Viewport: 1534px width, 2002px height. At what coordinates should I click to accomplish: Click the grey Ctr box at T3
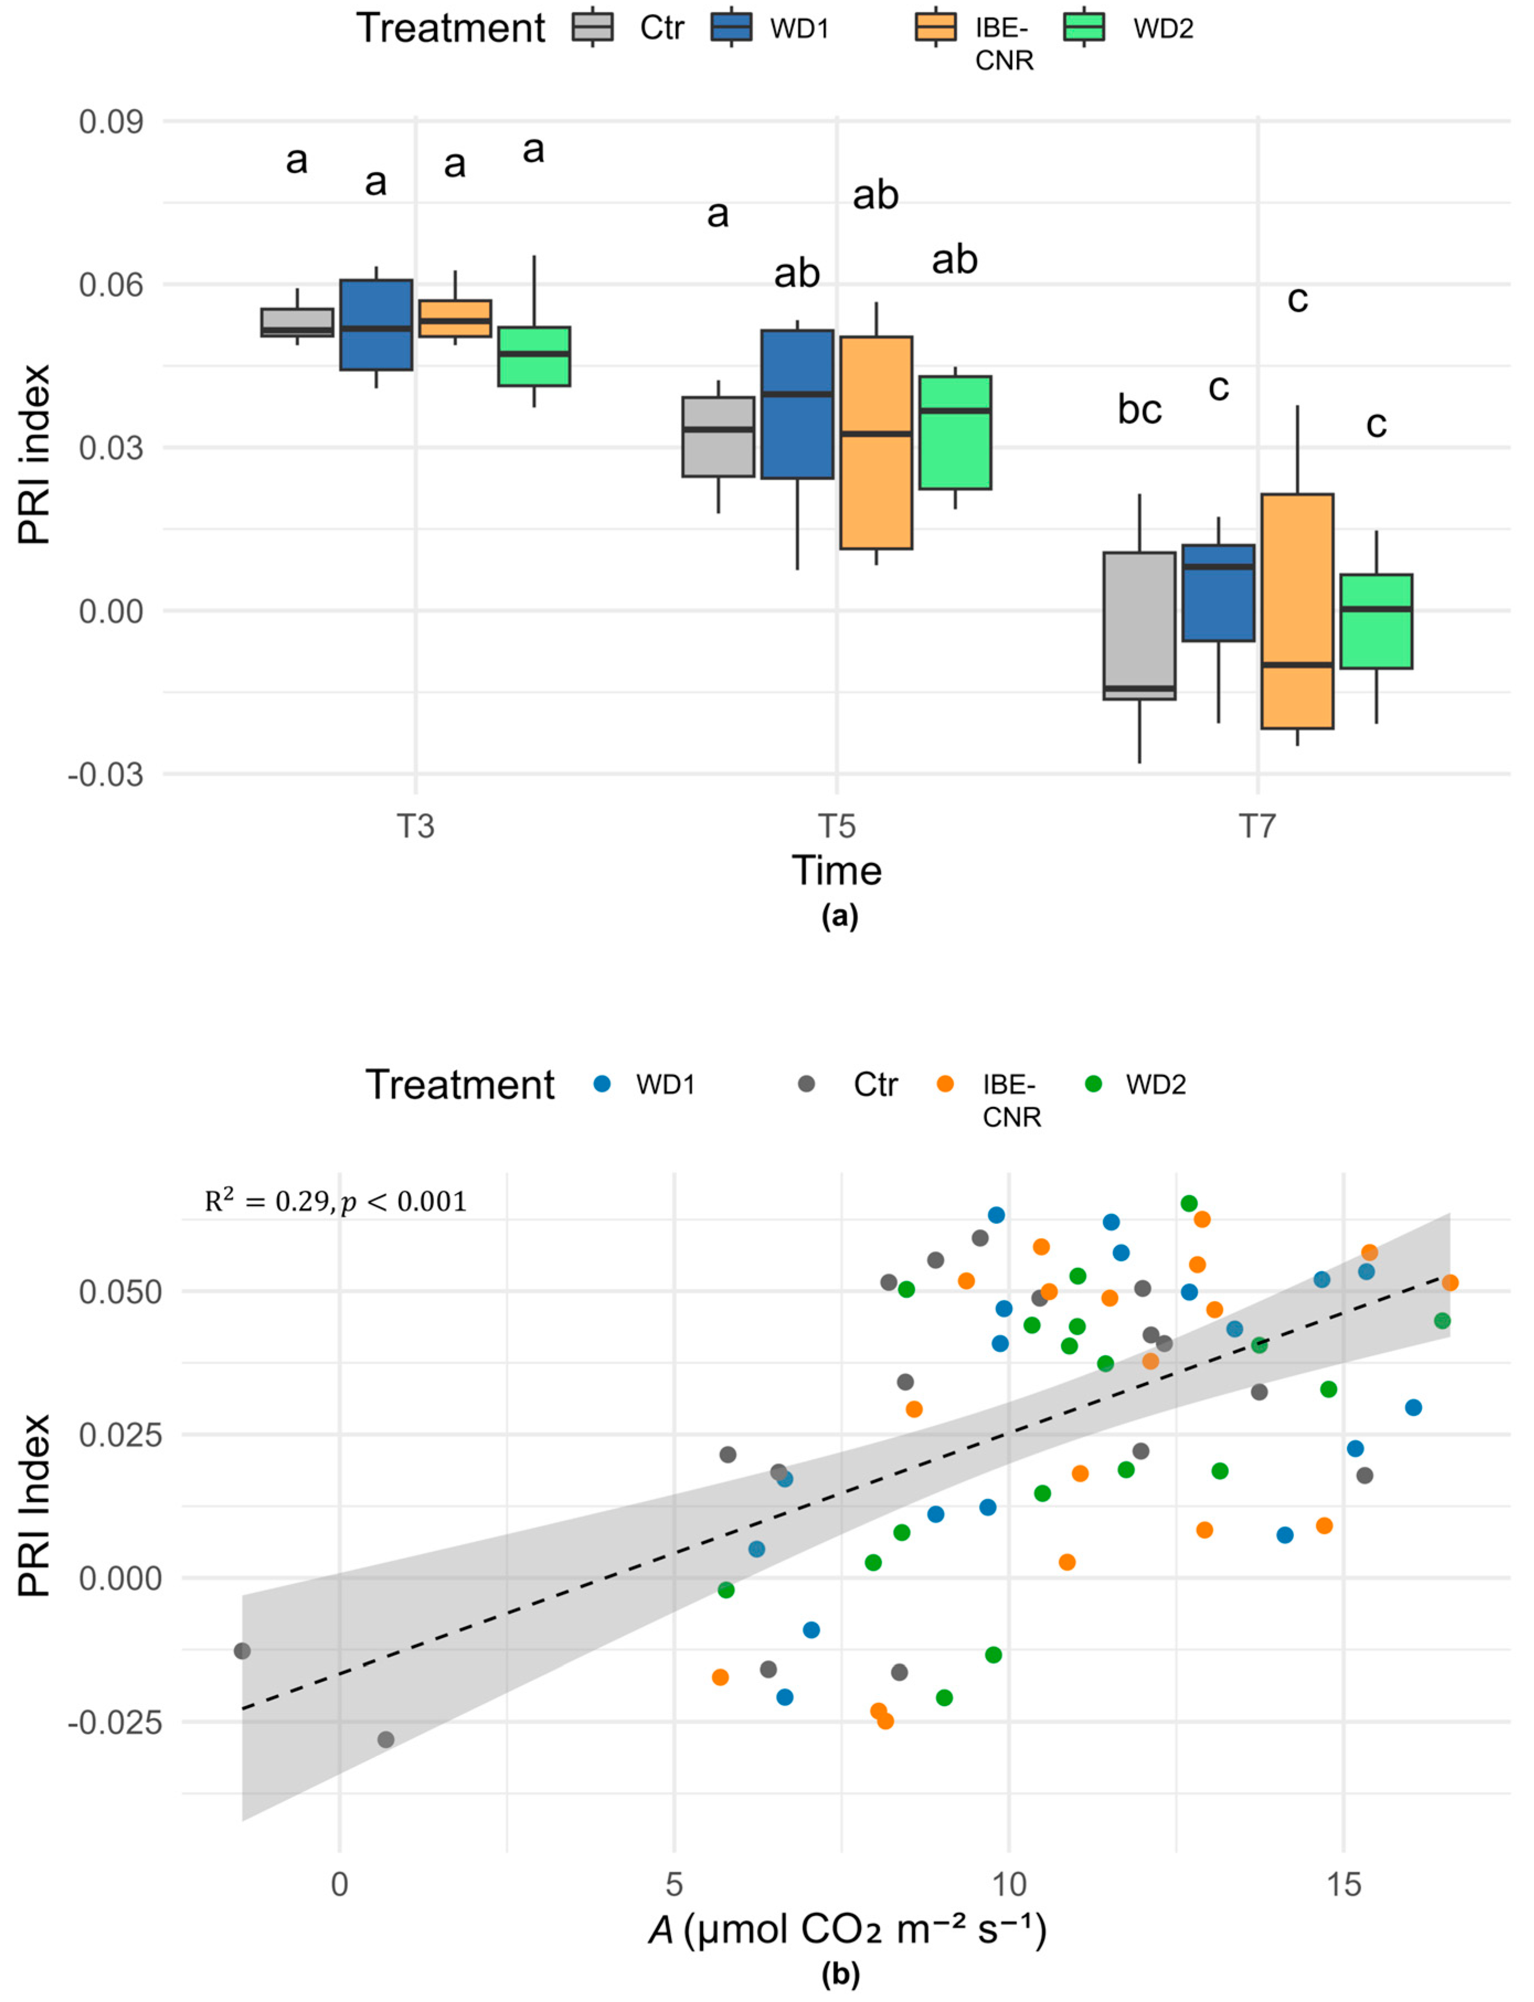(x=297, y=322)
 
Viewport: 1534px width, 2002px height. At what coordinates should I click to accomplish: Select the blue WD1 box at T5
(x=797, y=403)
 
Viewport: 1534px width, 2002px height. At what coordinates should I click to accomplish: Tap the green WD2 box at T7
(x=1376, y=621)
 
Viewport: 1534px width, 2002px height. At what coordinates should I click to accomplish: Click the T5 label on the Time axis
(x=837, y=826)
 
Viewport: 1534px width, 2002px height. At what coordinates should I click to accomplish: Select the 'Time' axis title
(x=837, y=870)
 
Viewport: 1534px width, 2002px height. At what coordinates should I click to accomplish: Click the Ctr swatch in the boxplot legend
(x=593, y=28)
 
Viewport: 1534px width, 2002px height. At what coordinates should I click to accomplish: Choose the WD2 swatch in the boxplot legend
(x=1084, y=28)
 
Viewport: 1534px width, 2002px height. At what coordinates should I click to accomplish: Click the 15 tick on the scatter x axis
(x=1343, y=1885)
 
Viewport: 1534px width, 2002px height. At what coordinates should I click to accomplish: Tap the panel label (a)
(x=840, y=917)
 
